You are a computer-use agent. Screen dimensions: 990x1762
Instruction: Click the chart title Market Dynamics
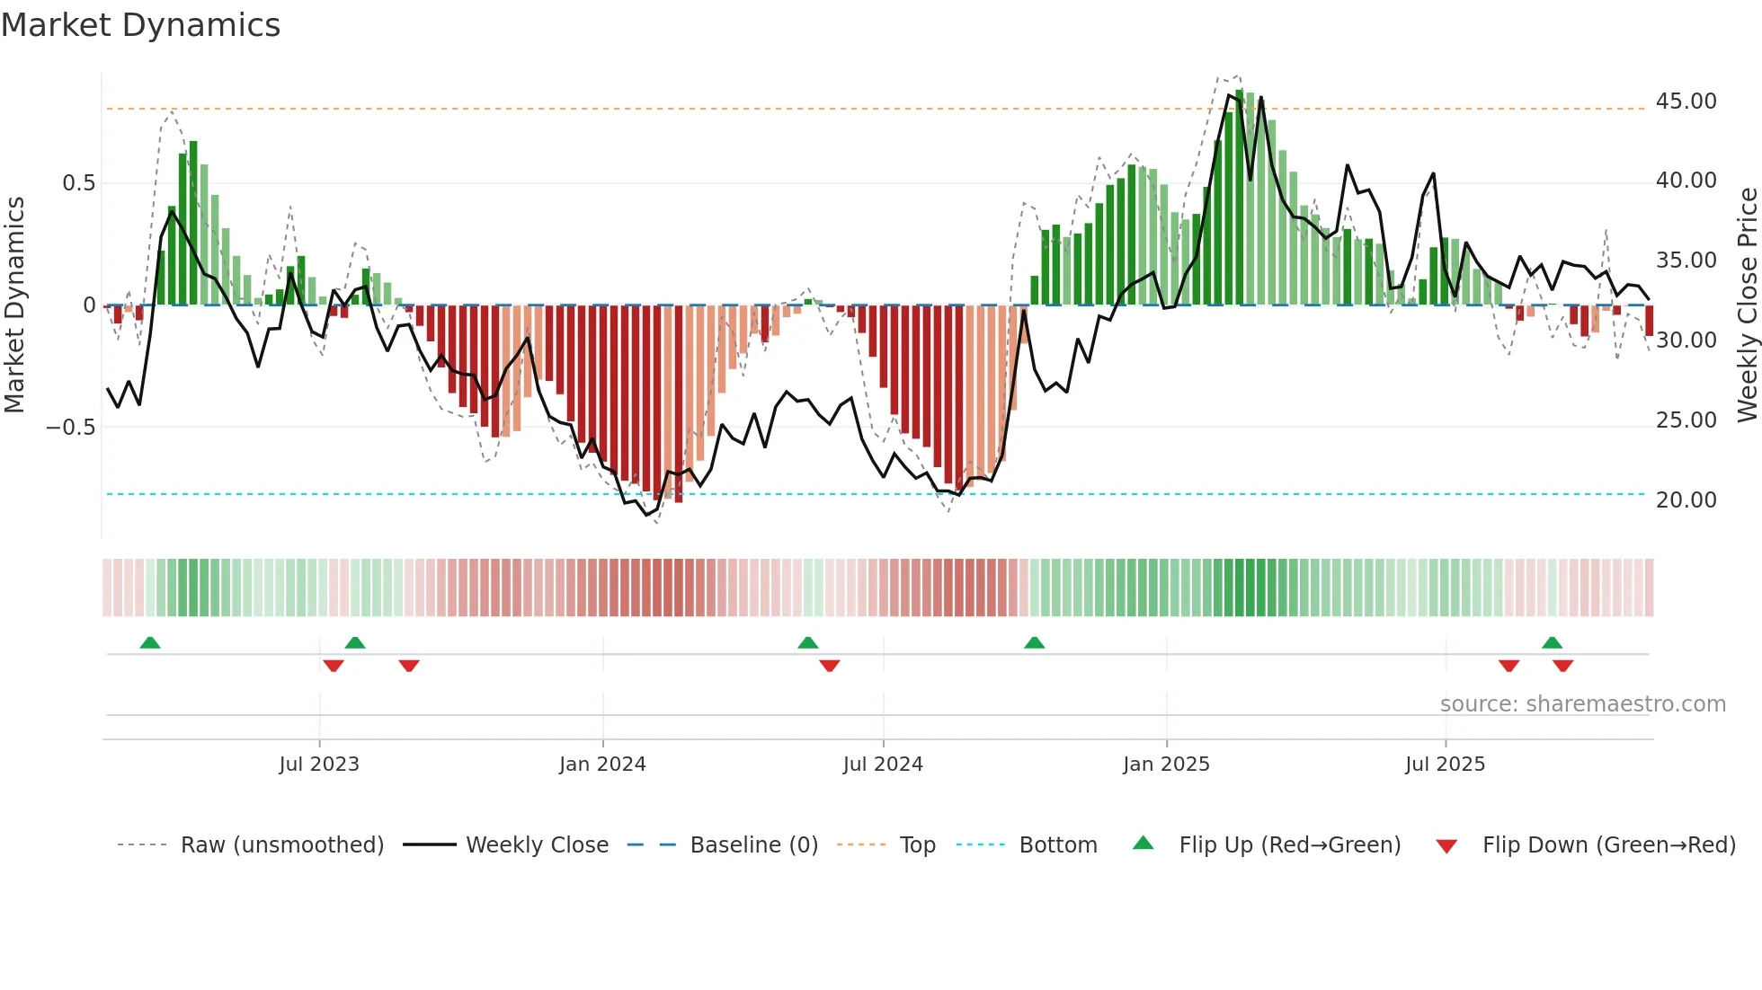pyautogui.click(x=140, y=25)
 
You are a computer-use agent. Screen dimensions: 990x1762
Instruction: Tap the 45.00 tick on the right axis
pyautogui.click(x=1686, y=102)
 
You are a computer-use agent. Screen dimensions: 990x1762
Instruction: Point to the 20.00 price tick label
pyautogui.click(x=1686, y=500)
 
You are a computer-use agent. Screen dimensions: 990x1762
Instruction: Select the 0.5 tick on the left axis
pyautogui.click(x=78, y=183)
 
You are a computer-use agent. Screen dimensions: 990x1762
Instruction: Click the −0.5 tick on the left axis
pyautogui.click(x=70, y=427)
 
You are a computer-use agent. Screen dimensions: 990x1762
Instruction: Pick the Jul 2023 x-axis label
pyautogui.click(x=318, y=765)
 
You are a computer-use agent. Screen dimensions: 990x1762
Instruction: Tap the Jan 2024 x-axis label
pyautogui.click(x=602, y=765)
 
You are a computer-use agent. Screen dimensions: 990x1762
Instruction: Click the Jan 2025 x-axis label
pyautogui.click(x=1166, y=765)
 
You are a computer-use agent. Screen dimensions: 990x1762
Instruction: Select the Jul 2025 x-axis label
pyautogui.click(x=1445, y=765)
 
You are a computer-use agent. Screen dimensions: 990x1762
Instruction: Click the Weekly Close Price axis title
pyautogui.click(x=1747, y=305)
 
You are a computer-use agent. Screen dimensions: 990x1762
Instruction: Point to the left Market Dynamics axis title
pyautogui.click(x=14, y=305)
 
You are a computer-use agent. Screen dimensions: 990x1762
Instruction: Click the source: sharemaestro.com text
pyautogui.click(x=1582, y=704)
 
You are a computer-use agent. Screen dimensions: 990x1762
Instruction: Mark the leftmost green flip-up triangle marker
pyautogui.click(x=150, y=642)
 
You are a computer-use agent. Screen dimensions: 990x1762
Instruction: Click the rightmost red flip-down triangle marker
pyautogui.click(x=1562, y=666)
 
